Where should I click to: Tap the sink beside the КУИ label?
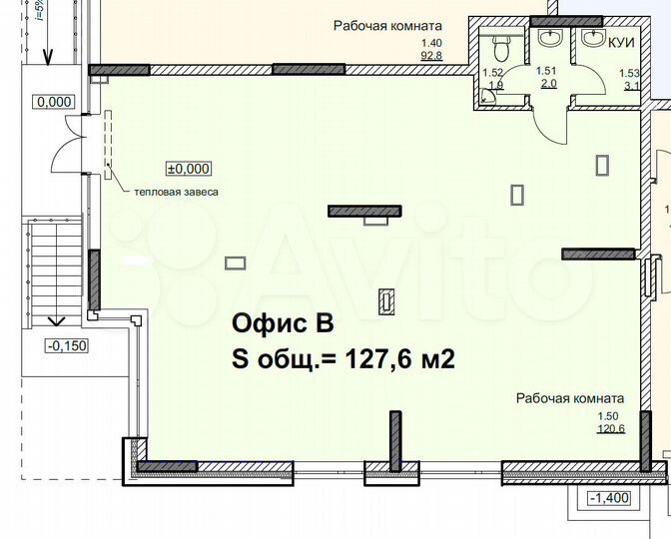(596, 40)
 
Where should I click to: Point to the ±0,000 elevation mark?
(189, 169)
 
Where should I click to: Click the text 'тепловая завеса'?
(170, 192)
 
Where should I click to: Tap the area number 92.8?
(432, 56)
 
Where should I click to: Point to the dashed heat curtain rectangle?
(110, 144)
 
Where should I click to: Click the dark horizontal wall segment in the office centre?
(364, 211)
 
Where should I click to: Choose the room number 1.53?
(629, 73)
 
